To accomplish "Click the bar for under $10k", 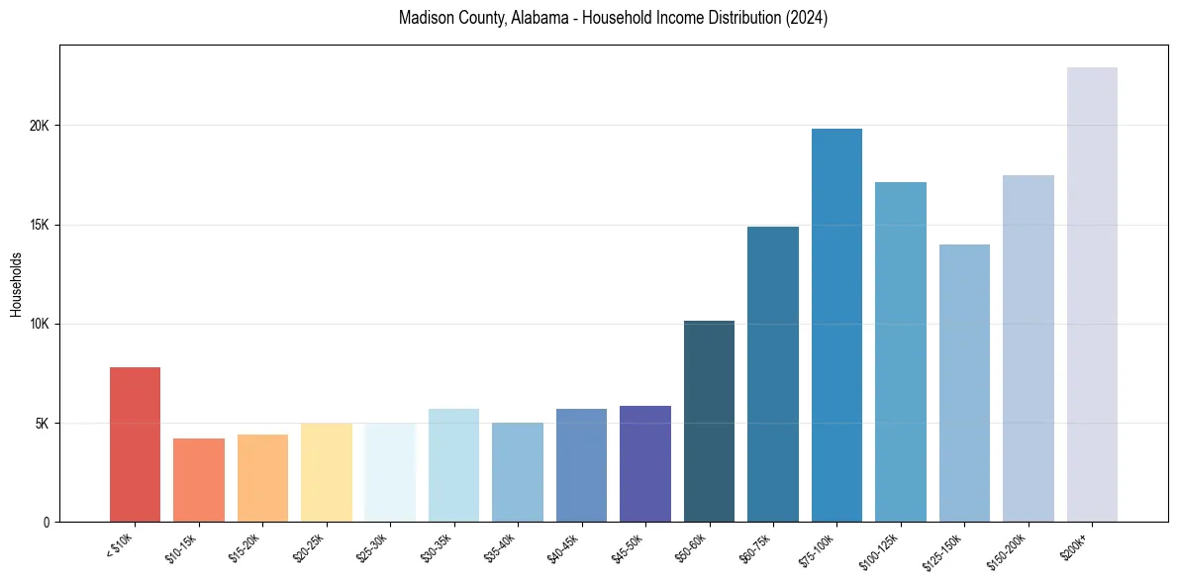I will [135, 444].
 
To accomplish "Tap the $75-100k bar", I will [836, 326].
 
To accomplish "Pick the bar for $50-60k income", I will [709, 422].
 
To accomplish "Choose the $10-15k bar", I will [199, 480].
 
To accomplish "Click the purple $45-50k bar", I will [645, 464].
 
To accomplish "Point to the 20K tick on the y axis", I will [40, 126].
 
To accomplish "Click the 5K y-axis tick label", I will [42, 423].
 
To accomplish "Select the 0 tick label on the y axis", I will [47, 522].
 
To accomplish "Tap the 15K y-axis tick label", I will [40, 225].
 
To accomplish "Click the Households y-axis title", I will [16, 284].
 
